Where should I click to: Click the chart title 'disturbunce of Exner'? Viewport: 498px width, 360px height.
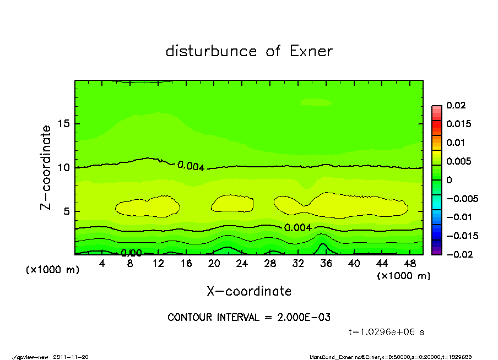(249, 51)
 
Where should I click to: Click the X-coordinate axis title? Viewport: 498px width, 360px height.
(249, 291)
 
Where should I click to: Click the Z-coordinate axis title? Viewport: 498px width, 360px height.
(46, 167)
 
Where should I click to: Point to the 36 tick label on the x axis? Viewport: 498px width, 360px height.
(326, 264)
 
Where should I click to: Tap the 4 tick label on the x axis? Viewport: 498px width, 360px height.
(102, 264)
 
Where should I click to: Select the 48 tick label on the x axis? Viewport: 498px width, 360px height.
(409, 264)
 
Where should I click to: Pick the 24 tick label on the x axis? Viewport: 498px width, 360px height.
(242, 264)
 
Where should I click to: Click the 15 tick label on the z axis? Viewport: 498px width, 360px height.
(64, 124)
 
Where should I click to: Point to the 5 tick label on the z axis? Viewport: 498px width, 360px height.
(67, 211)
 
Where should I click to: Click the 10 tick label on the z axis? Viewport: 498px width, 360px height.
(64, 167)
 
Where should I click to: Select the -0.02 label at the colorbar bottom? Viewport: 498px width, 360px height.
(458, 254)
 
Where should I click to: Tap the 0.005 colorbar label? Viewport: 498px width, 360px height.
(459, 161)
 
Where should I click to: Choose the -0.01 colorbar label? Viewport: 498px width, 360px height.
(458, 217)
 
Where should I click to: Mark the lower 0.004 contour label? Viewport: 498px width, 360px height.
(298, 227)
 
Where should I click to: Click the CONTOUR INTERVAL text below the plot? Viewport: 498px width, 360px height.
(249, 318)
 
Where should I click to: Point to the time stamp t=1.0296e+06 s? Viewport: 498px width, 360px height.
(387, 332)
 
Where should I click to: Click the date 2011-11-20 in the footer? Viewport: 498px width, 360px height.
(71, 357)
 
